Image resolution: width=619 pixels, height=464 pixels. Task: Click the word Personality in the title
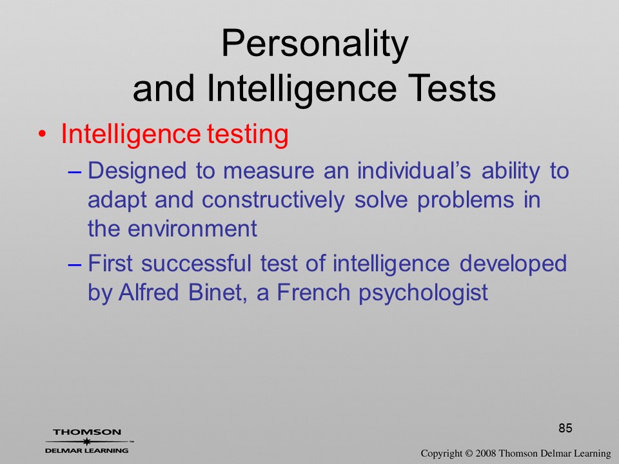315,44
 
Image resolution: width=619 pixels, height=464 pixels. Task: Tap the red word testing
248,135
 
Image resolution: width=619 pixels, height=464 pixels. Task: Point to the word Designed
137,171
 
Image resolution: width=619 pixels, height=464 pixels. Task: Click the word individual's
414,170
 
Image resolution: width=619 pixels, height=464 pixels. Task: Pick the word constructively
273,200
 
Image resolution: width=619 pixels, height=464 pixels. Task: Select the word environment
193,229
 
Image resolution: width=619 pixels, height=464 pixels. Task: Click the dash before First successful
74,264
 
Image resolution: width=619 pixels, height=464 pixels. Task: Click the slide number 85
565,428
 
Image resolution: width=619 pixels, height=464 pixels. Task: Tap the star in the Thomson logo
87,441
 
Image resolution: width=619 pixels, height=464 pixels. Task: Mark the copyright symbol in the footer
469,454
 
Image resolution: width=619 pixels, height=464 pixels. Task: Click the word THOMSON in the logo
87,432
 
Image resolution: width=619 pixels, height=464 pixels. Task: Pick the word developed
513,264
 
